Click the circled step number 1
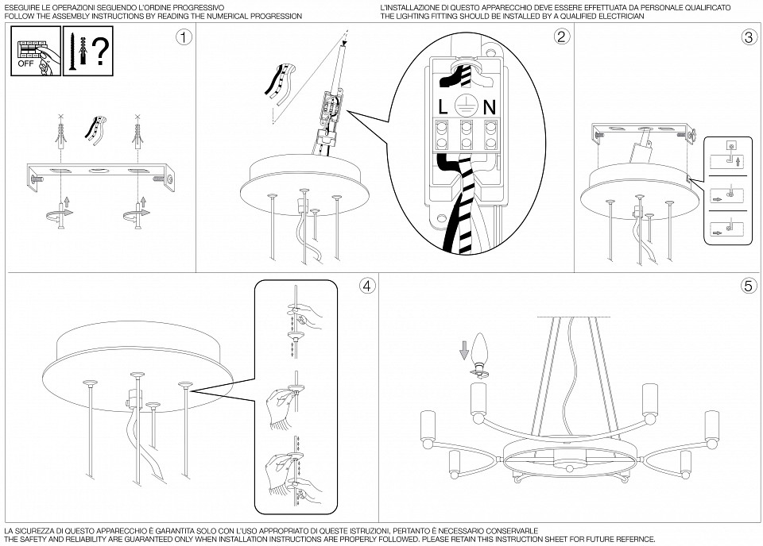pos(184,37)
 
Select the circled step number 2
pos(561,37)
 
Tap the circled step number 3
pos(749,37)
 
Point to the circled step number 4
pos(367,286)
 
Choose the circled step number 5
pos(749,286)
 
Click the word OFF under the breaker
pos(25,63)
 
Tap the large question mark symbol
pos(100,51)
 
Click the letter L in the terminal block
pos(443,107)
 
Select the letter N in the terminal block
pos(490,107)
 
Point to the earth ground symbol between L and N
pos(467,106)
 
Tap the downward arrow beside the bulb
pos(465,349)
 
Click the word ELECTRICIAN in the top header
pos(621,16)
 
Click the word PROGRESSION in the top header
pos(277,16)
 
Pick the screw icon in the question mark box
pos(71,51)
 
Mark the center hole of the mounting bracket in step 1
pos(97,171)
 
